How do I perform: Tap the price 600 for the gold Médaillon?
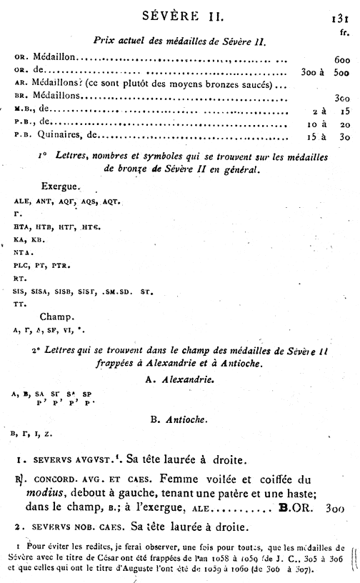[x=341, y=59]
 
